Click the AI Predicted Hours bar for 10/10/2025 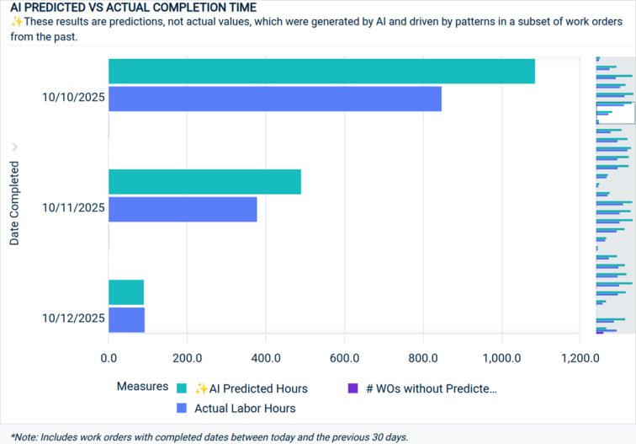pos(321,72)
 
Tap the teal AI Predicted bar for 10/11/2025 pos(204,182)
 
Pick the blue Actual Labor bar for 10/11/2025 pos(183,209)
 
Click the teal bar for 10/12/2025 pos(126,292)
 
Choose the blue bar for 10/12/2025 pos(126,319)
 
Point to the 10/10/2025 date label pos(73,98)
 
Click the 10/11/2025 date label pos(73,208)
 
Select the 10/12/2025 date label pos(73,318)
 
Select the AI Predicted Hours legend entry pos(250,388)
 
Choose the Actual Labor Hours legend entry pos(244,408)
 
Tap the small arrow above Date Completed pos(14,147)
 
